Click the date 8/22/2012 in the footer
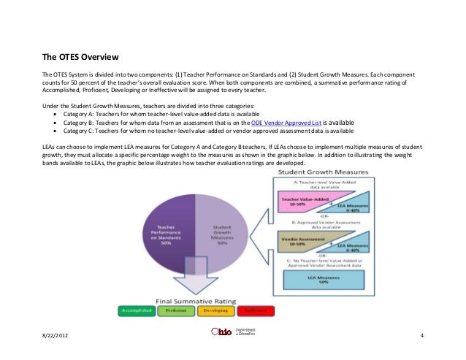pos(56,334)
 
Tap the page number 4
pos(423,334)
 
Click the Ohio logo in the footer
pos(221,333)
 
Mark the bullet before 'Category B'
pos(56,123)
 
